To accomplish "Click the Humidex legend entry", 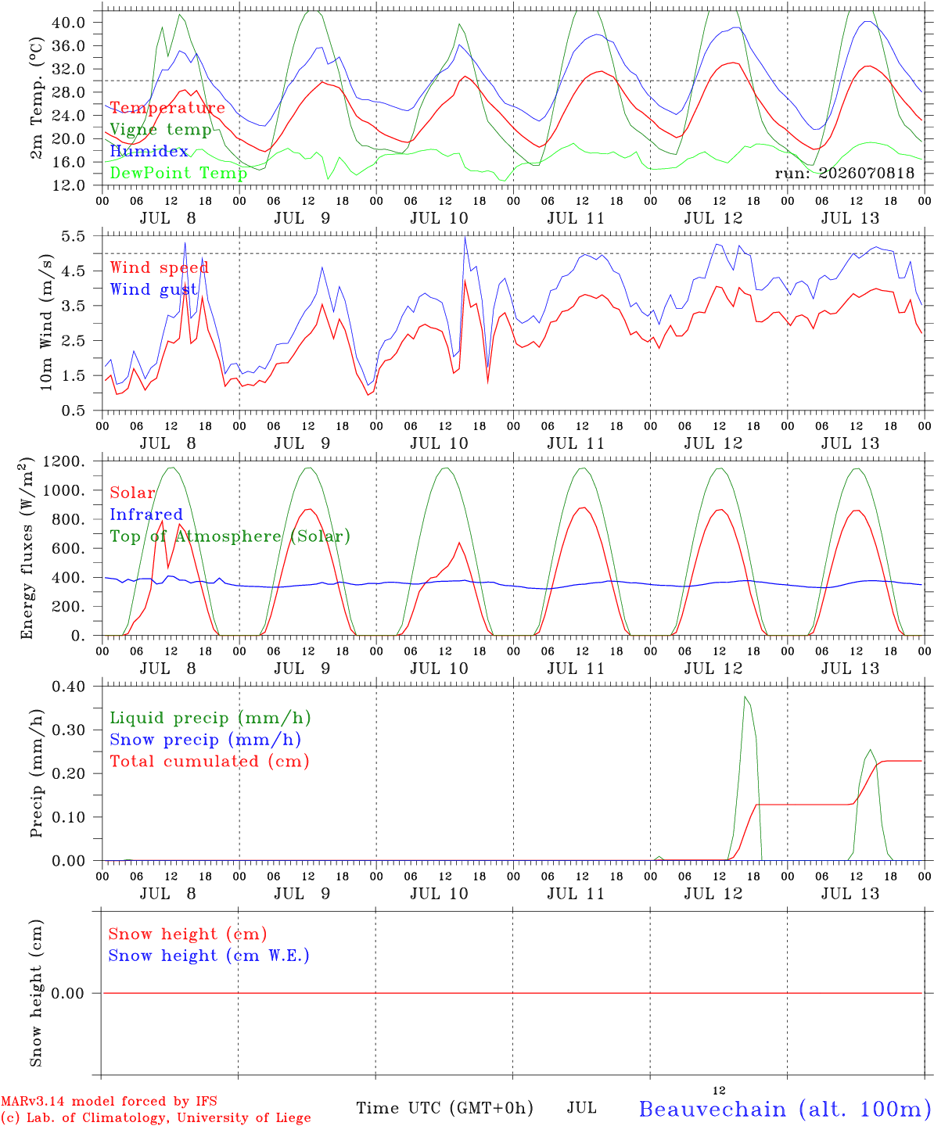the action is (x=149, y=151).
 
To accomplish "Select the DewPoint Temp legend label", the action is (x=178, y=173).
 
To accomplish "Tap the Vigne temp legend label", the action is (x=161, y=130).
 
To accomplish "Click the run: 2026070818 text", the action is (x=844, y=173).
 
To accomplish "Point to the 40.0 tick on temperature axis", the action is (x=69, y=23).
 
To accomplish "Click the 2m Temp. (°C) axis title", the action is (x=36, y=99).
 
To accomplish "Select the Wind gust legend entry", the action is (x=154, y=289).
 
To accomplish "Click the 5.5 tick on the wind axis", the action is (x=74, y=236).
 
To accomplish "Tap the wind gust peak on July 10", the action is (x=465, y=237).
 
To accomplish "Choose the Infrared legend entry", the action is (x=146, y=515).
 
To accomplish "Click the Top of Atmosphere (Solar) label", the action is (x=231, y=536).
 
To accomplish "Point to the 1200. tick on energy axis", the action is (x=64, y=461).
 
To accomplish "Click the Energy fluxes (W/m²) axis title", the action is (x=27, y=548).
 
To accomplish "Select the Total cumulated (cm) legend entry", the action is (x=210, y=762).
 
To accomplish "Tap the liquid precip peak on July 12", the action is (x=745, y=697).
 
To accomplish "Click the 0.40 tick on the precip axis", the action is (x=69, y=687).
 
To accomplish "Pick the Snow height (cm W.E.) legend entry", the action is (x=209, y=956).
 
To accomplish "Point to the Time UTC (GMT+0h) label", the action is (x=444, y=1108).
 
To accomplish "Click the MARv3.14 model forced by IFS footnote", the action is (x=109, y=1101).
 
